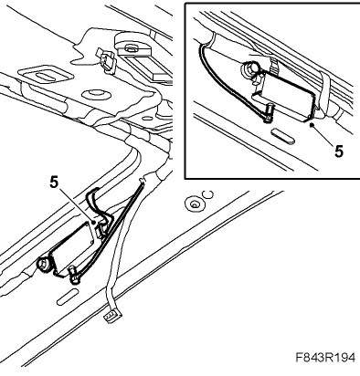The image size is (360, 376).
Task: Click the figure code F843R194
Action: click(x=325, y=357)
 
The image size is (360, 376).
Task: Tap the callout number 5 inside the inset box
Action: click(x=339, y=151)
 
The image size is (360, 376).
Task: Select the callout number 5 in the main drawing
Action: click(x=54, y=183)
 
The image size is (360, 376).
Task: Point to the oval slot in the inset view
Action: click(x=283, y=136)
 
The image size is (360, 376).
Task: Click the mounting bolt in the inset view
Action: click(x=250, y=69)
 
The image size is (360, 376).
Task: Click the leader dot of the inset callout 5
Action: click(x=312, y=124)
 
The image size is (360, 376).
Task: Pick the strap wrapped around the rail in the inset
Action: click(x=323, y=91)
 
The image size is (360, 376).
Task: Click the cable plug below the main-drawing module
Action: click(x=74, y=274)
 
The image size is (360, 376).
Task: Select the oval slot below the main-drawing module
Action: click(x=68, y=297)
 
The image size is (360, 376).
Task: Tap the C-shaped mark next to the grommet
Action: click(x=208, y=194)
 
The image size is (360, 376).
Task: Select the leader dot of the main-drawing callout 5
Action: click(x=93, y=224)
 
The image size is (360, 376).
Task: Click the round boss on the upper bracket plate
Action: click(x=96, y=94)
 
